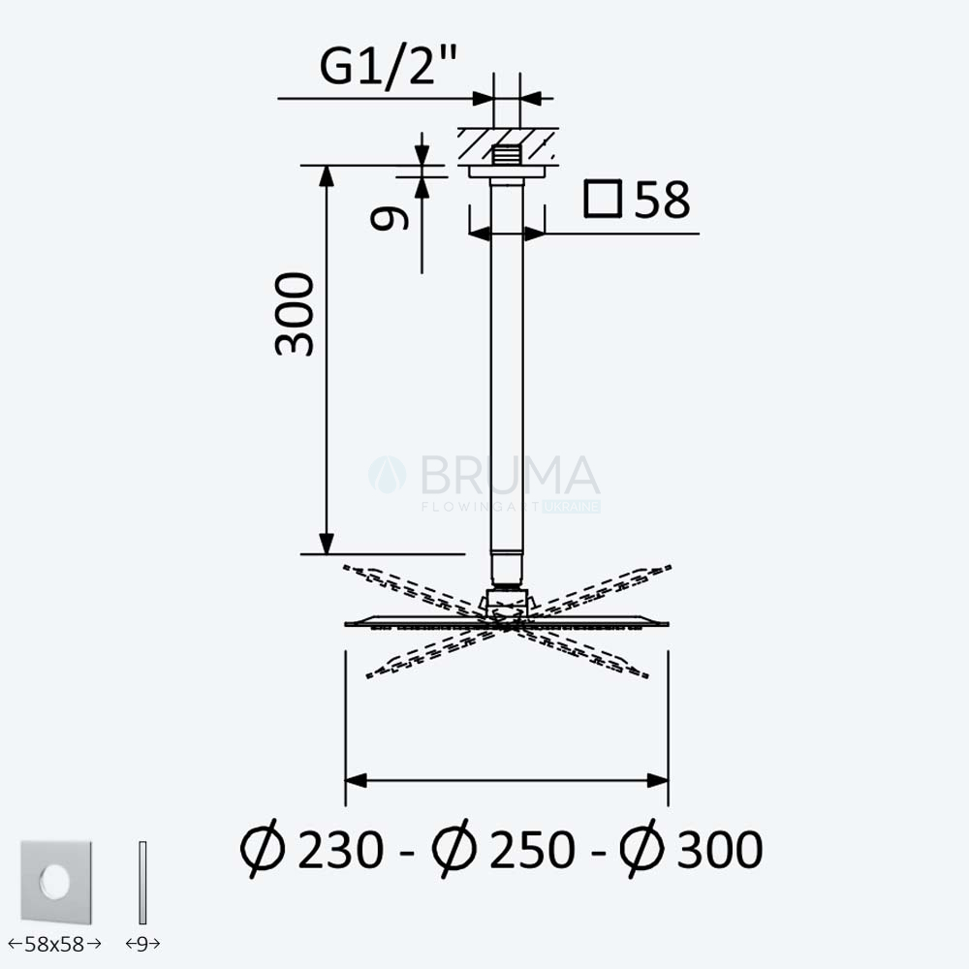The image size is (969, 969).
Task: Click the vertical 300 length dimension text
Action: (x=295, y=314)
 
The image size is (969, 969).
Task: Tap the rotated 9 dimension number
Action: (x=390, y=218)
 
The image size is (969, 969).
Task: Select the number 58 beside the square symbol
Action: (x=662, y=200)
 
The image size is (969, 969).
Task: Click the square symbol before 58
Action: (x=603, y=199)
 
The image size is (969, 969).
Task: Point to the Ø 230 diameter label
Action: (x=312, y=849)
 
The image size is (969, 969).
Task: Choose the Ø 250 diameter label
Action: (x=504, y=849)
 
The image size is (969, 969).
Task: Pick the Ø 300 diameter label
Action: (x=692, y=849)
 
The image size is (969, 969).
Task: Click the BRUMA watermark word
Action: (x=510, y=475)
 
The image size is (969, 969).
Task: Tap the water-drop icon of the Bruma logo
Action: (x=388, y=475)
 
